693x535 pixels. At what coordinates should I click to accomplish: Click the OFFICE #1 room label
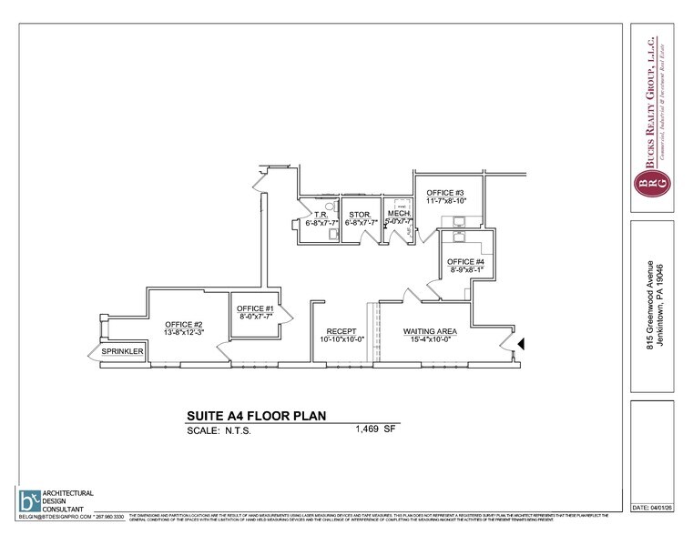point(256,308)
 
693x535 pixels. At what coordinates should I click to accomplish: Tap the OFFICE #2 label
point(183,325)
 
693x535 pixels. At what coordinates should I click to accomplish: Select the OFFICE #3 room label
point(448,193)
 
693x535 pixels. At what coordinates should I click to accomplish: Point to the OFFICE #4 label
point(465,263)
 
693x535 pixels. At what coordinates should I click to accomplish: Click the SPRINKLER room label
point(122,350)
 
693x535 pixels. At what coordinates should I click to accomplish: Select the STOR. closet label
point(358,215)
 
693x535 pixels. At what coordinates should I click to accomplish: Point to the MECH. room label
point(398,213)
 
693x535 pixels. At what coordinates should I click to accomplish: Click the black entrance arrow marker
point(521,344)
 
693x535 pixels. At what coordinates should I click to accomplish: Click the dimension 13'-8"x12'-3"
point(183,334)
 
